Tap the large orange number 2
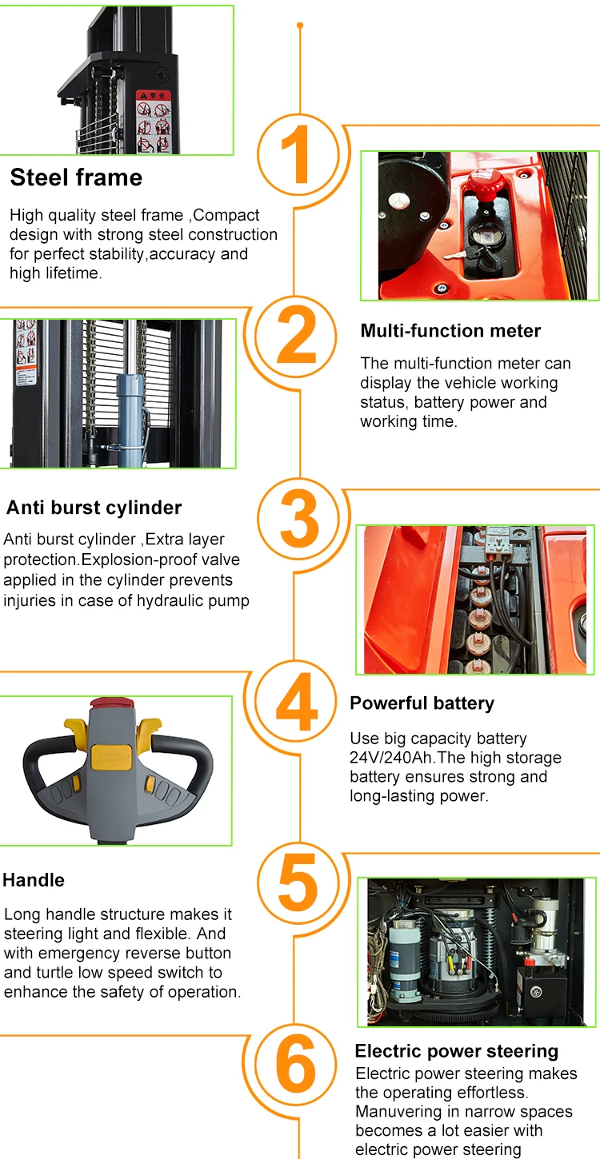click(296, 335)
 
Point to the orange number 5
click(298, 882)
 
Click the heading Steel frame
click(76, 177)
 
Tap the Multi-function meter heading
click(450, 331)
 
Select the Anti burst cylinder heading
click(94, 508)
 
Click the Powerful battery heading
click(422, 703)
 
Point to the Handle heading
click(34, 880)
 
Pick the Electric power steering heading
click(457, 1051)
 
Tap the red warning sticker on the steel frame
click(154, 121)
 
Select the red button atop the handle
click(112, 703)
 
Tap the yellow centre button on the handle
click(111, 757)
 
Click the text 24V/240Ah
click(390, 758)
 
